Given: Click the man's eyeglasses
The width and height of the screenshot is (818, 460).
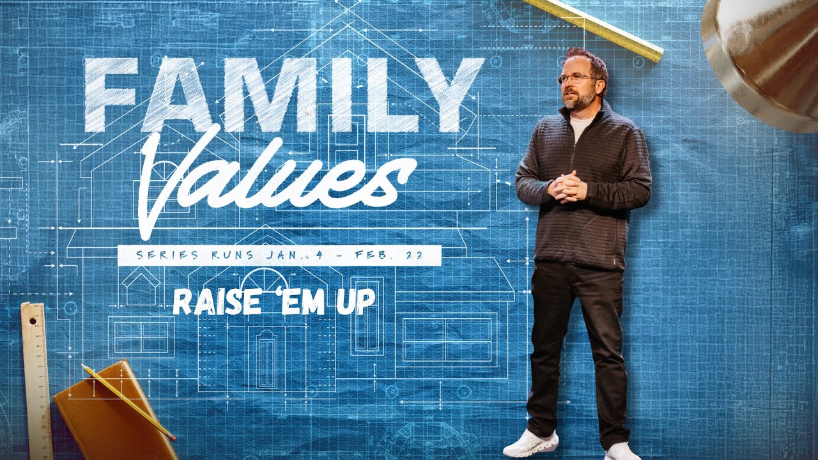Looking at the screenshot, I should pyautogui.click(x=578, y=78).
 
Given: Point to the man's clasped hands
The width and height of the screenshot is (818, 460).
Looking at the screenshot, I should pyautogui.click(x=567, y=187).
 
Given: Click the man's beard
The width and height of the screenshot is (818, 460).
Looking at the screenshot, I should pyautogui.click(x=579, y=99).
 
